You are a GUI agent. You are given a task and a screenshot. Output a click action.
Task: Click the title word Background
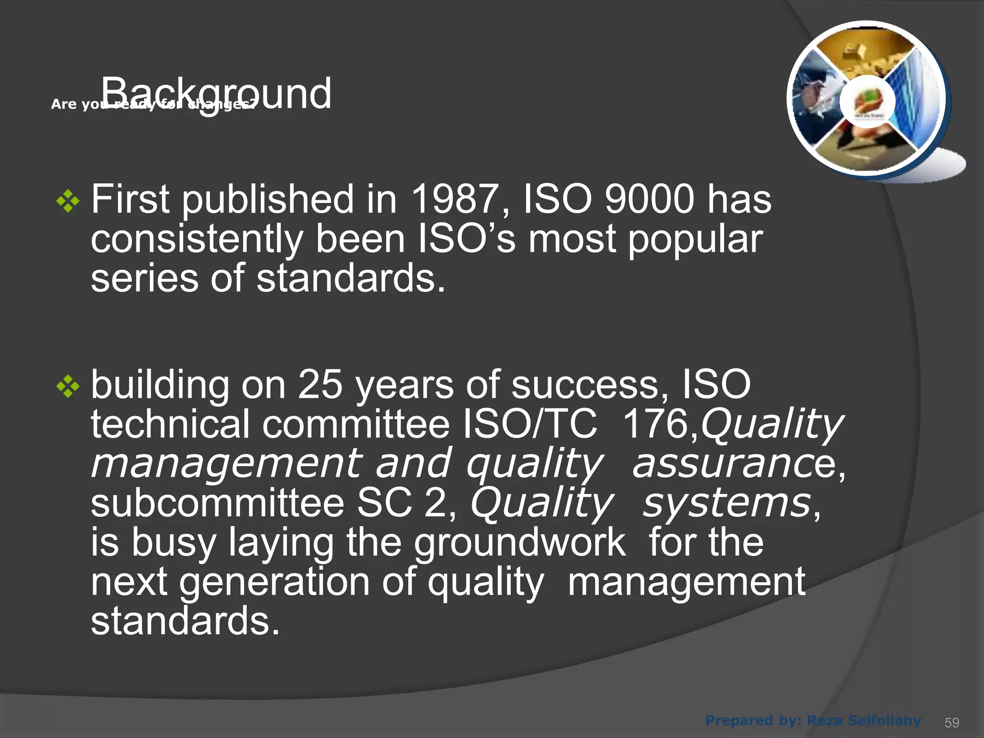pos(216,93)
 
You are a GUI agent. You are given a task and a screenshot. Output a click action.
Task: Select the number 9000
pos(649,199)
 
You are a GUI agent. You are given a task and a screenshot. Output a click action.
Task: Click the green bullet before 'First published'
pos(68,201)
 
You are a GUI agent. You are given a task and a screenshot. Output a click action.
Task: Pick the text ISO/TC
pos(530,424)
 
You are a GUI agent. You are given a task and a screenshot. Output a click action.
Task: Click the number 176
pos(655,424)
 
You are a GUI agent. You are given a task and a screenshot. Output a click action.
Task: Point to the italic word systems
pos(727,503)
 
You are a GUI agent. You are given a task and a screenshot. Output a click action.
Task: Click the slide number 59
pos(951,723)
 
